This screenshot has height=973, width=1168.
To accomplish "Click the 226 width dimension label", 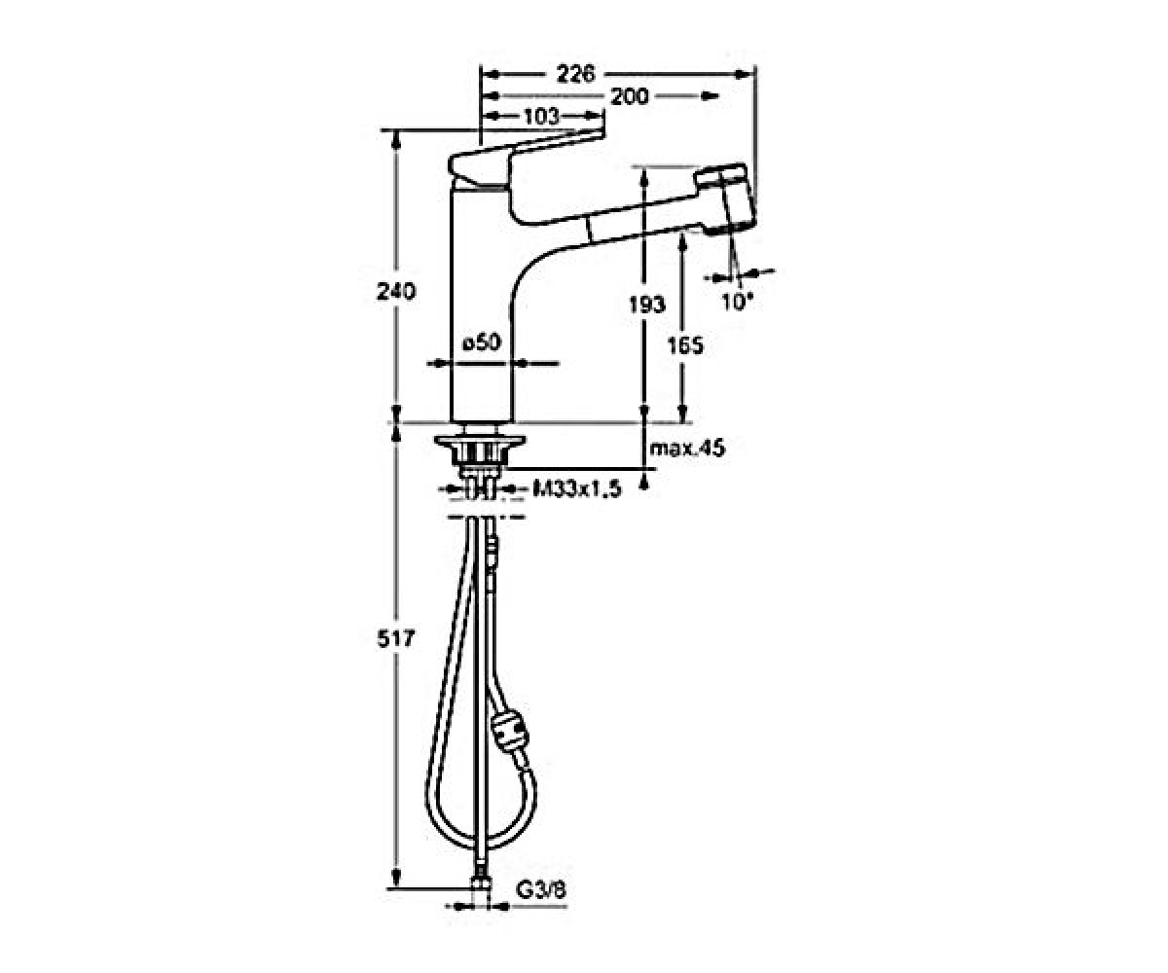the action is (x=576, y=74).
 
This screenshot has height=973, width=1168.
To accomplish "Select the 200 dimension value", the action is (x=630, y=96).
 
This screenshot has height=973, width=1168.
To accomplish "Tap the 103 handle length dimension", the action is (x=541, y=117).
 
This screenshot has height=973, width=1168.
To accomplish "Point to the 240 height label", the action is (x=396, y=291).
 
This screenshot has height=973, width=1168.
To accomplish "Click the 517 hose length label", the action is (x=396, y=638).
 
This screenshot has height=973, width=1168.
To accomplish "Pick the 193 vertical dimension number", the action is (x=647, y=305).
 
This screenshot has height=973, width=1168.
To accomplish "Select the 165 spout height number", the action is (x=686, y=345).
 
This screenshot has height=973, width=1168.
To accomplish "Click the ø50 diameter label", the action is (x=482, y=342).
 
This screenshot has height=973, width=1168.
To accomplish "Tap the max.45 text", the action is (x=687, y=448).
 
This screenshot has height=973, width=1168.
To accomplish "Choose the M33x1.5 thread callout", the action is (x=577, y=489).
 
